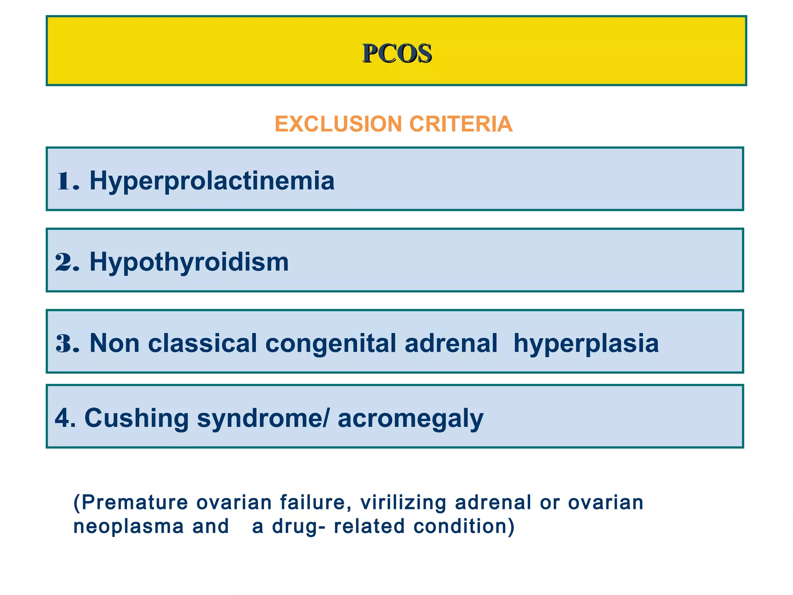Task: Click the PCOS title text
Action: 397,53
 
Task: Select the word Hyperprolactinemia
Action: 212,181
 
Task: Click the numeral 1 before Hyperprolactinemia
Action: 64,181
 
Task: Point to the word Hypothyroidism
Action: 189,262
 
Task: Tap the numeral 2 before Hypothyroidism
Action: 64,262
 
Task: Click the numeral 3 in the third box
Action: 64,343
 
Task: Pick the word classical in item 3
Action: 202,343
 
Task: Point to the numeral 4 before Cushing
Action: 62,418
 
